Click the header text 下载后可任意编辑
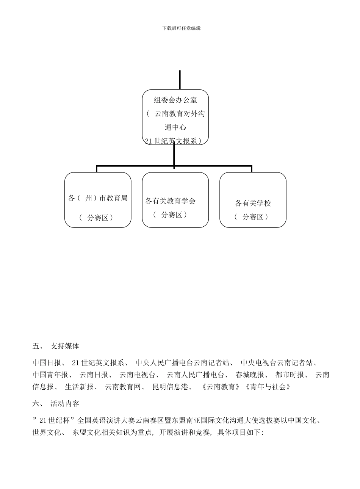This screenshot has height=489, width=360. coord(181,28)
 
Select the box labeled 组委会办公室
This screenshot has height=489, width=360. coord(175,100)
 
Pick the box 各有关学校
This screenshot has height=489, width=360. coord(253,203)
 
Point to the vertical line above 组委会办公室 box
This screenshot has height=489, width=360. coord(180,80)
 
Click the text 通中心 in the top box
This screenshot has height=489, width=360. coord(175,128)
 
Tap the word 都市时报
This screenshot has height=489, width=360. coord(290,375)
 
